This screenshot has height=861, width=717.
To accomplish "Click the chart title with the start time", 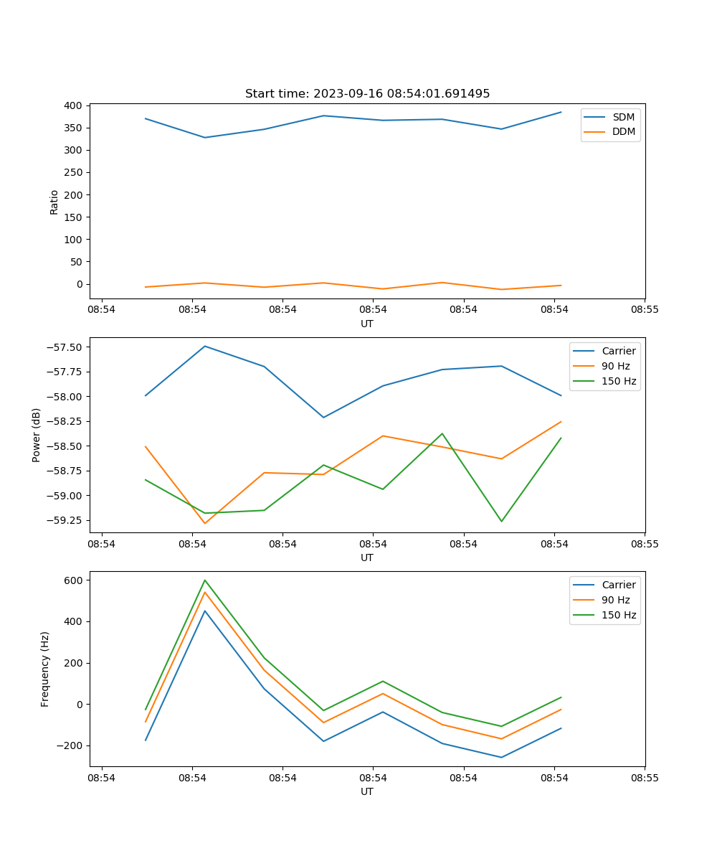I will [367, 94].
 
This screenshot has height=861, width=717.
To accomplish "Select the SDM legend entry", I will [622, 117].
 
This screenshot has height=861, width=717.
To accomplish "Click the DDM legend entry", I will [622, 131].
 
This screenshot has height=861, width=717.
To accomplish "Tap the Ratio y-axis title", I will [54, 202].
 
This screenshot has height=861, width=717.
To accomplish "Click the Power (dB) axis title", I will [37, 435].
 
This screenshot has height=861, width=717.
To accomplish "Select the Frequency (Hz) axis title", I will [45, 669].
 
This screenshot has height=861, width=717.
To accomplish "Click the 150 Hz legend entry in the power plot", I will [618, 381].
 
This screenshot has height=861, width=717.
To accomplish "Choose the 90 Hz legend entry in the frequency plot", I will [615, 600].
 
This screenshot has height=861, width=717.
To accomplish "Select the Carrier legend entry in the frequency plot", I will [618, 585].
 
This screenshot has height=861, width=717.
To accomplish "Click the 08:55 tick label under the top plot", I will [644, 310].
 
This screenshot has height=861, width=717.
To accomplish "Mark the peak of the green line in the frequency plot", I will [205, 580].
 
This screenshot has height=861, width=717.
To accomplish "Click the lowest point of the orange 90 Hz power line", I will [205, 523].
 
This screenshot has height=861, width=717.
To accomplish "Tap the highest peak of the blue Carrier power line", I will [205, 346].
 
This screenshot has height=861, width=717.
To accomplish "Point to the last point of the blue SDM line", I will [561, 112].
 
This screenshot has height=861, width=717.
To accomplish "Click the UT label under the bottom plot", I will [367, 791].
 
